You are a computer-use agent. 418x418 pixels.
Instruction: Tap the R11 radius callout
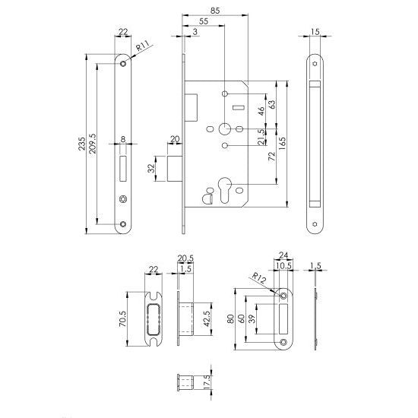tap(142, 49)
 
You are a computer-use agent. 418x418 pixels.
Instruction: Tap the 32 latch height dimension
tap(151, 166)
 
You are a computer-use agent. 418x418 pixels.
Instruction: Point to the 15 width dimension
tap(315, 32)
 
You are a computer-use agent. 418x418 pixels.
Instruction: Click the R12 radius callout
tap(258, 279)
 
